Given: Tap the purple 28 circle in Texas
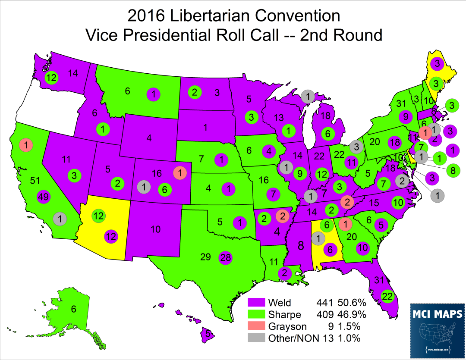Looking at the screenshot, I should pos(226,258).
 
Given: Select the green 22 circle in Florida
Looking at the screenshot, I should pos(388,296).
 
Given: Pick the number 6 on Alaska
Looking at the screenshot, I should pos(74,309).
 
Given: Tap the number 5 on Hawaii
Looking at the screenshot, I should pos(208,333).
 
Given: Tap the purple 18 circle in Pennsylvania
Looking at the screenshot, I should pos(394,142).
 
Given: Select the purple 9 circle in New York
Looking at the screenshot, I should pos(405,116).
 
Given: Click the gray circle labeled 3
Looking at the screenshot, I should pos(355,147).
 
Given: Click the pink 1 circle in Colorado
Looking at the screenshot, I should pos(179,172).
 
